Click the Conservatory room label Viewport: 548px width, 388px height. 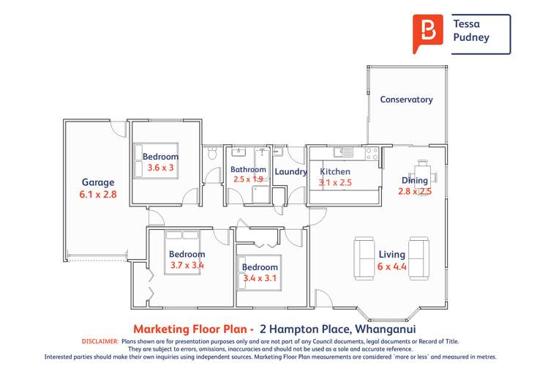(x=406, y=100)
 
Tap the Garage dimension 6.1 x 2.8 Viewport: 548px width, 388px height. (x=98, y=195)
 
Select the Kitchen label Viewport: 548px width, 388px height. (x=335, y=172)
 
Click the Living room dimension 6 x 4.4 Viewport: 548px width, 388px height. (x=391, y=267)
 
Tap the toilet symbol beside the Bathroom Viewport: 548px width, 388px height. (x=212, y=154)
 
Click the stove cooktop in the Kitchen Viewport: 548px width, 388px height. (x=372, y=154)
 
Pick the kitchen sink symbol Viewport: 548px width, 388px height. (x=343, y=153)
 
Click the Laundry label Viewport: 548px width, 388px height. (x=290, y=172)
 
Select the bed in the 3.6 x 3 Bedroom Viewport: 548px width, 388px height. (x=157, y=160)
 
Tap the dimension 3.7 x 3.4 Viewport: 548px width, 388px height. (x=187, y=266)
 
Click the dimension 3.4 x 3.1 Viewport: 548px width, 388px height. (x=260, y=278)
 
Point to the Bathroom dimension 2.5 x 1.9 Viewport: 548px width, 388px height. (x=248, y=179)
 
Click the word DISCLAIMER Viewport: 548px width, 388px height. (x=99, y=341)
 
